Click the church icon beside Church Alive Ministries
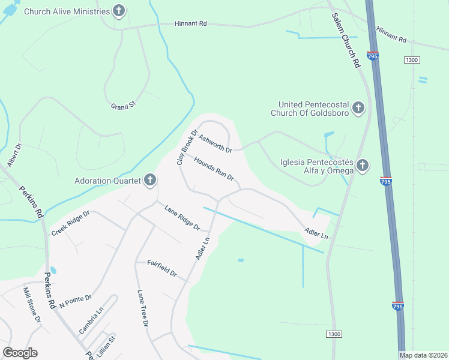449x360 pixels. coord(119,11)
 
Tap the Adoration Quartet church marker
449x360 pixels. coord(150,180)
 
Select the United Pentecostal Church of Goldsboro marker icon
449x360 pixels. coord(358,108)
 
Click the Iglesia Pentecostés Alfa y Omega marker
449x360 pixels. coord(362,165)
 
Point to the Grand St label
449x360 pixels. coord(124,106)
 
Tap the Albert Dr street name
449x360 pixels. coord(14,155)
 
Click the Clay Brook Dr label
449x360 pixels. coord(187,148)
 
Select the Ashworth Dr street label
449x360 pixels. coord(215,143)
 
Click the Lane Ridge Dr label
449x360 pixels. coord(182,217)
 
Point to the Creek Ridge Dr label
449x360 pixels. coord(70,223)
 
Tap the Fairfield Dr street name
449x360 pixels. coord(162,268)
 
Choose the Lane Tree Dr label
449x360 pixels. coord(142,308)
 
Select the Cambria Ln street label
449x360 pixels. coord(91,321)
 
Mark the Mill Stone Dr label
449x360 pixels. coord(31,304)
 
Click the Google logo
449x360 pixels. coord(20,353)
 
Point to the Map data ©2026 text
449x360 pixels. coord(423,355)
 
